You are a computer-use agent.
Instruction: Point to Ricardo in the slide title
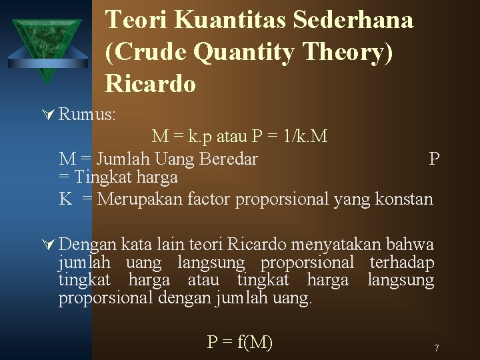(151, 84)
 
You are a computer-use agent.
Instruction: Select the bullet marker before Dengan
(48, 245)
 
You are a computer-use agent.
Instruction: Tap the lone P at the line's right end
(434, 159)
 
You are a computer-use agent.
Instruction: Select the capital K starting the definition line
(65, 199)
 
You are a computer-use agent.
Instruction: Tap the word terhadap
(402, 263)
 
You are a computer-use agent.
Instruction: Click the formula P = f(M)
(240, 342)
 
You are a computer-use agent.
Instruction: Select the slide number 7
(436, 349)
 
